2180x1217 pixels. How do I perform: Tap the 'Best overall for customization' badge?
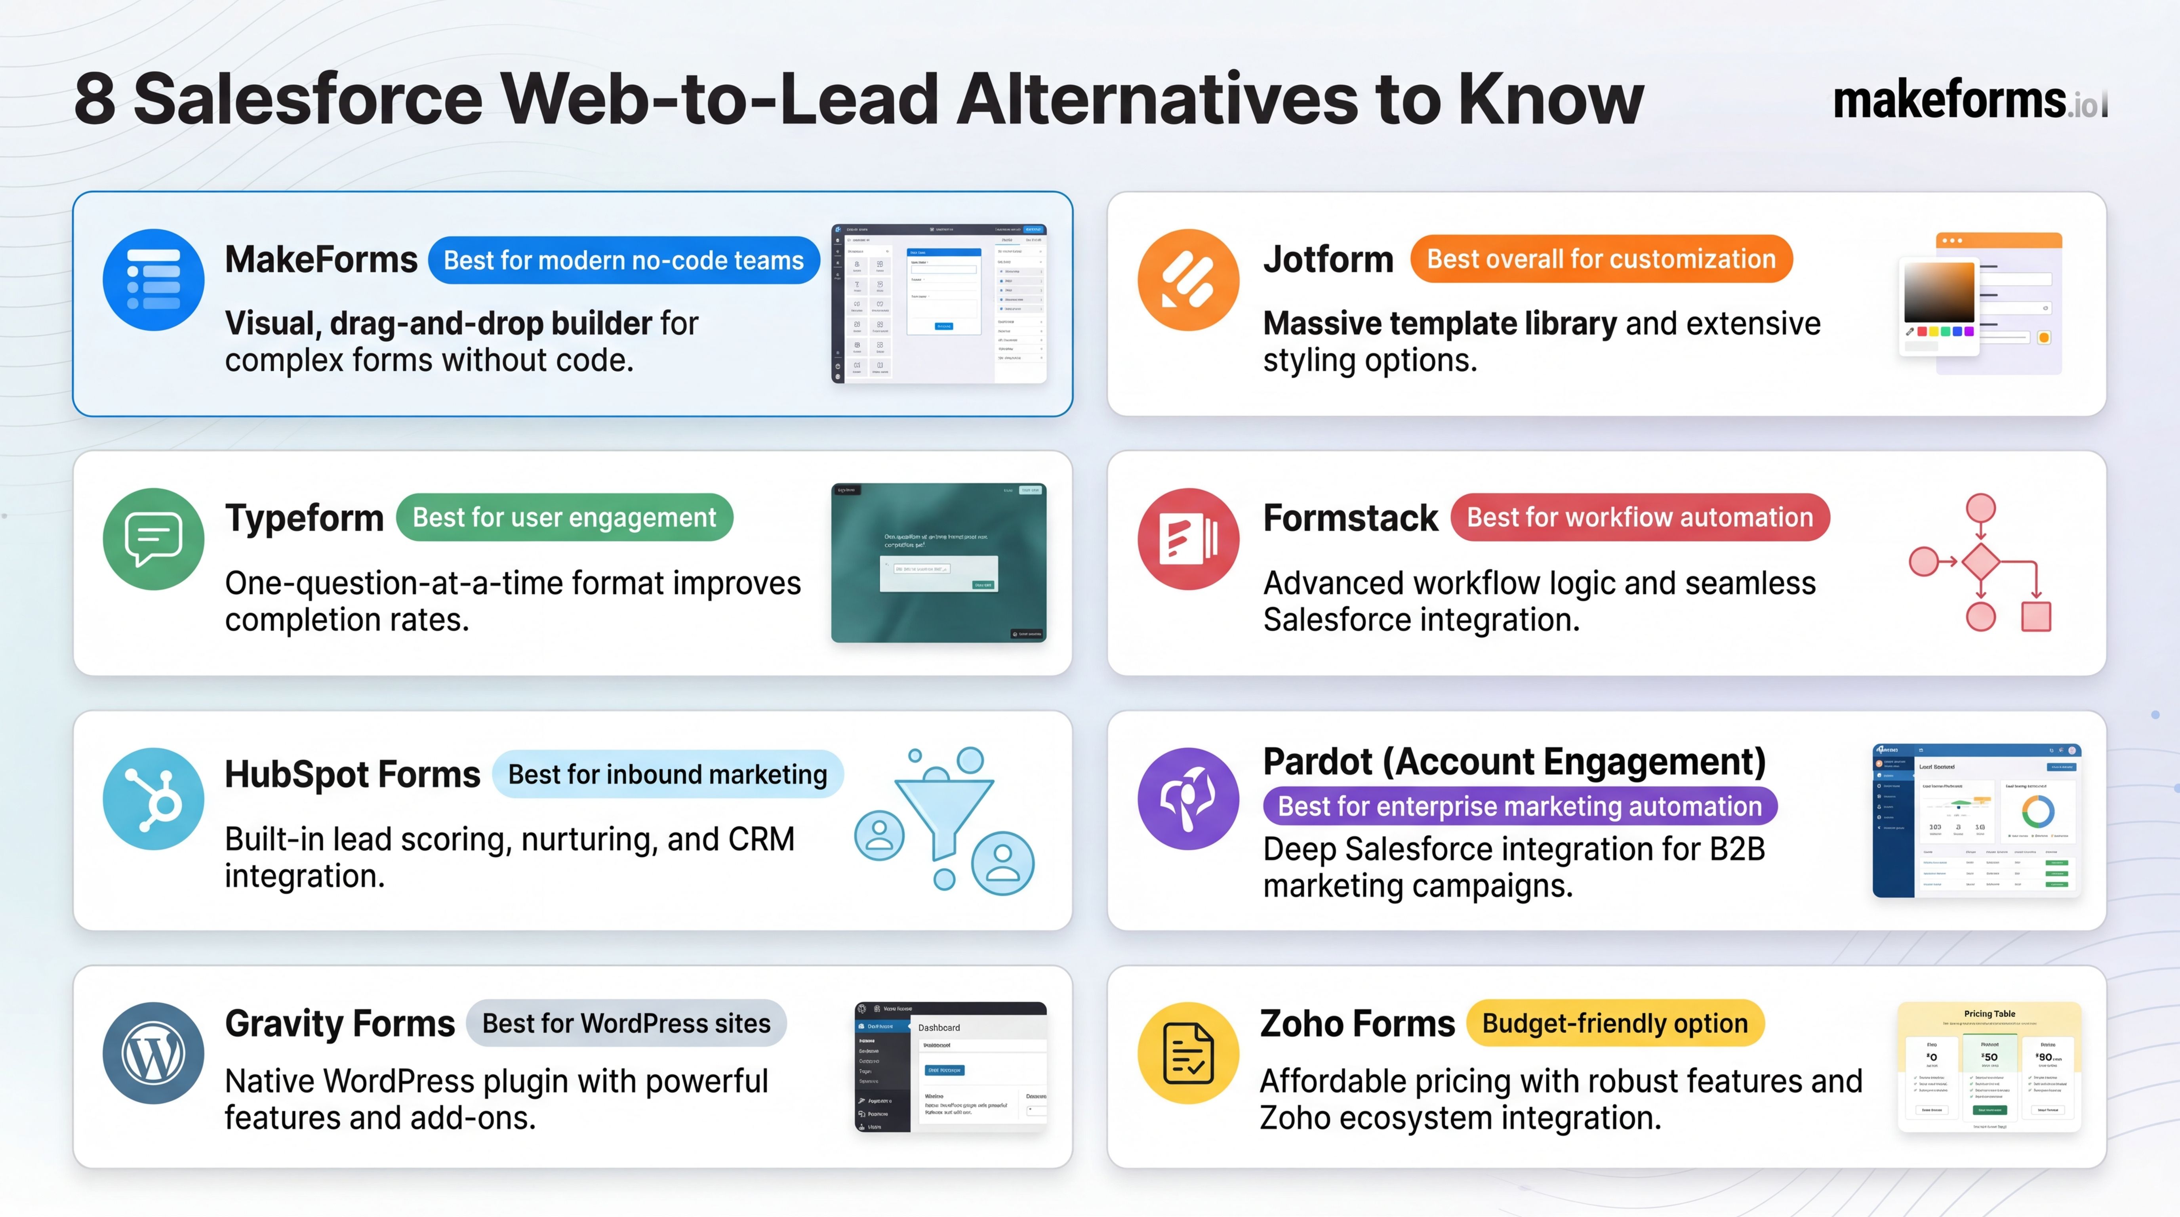point(1601,259)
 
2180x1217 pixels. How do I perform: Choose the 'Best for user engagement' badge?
point(564,517)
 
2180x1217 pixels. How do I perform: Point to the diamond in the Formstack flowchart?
point(1980,561)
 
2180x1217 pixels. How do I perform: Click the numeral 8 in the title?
point(95,100)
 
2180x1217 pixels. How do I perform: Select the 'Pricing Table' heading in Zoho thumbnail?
point(1989,1013)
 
